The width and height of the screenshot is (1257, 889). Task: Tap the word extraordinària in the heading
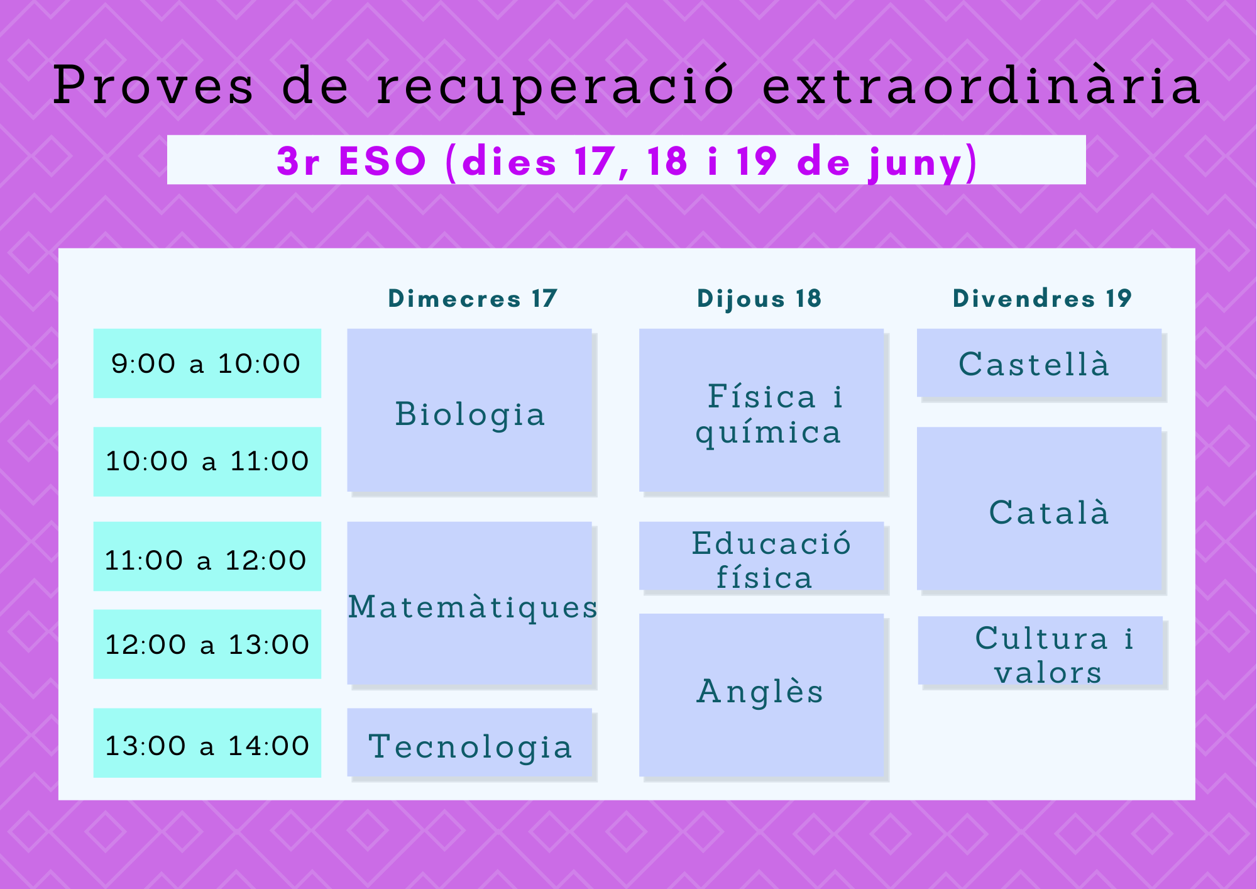coord(982,85)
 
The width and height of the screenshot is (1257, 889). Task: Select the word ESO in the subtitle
coord(383,161)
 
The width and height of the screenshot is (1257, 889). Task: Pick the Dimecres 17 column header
coord(473,298)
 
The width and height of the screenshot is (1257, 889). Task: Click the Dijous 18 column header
coord(759,299)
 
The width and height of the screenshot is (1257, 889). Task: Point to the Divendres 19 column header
coord(1042,298)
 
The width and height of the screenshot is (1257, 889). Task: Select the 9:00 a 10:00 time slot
coord(207,363)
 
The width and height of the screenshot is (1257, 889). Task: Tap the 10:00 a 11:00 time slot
coord(207,461)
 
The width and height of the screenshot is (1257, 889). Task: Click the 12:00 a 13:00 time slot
coord(207,644)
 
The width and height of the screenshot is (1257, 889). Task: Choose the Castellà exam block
coord(1040,363)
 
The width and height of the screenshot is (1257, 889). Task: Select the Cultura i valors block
coord(1041,650)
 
